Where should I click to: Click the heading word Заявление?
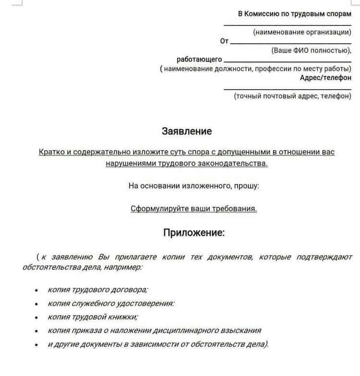pos(187,131)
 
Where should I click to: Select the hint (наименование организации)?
pos(302,32)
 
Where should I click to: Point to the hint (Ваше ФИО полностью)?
pos(311,50)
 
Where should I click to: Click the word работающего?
pos(199,59)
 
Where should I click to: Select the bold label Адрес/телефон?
pos(325,78)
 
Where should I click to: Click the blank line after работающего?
pos(288,61)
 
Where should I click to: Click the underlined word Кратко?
pos(51,152)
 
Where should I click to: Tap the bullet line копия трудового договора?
pos(98,290)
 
